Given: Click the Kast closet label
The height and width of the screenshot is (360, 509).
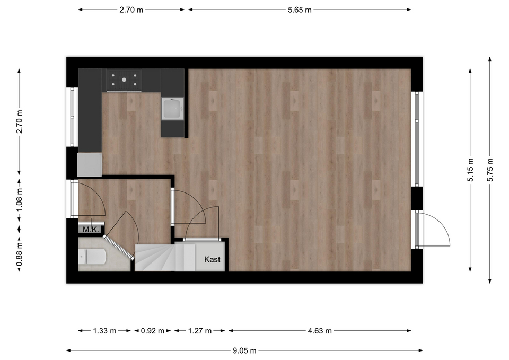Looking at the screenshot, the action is [212, 259].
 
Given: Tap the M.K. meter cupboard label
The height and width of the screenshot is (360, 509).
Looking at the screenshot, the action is [91, 230].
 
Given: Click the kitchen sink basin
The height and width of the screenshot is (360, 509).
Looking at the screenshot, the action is [173, 109].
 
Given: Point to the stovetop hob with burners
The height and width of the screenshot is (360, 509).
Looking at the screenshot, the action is [124, 80].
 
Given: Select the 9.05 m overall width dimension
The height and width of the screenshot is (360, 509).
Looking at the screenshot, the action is [244, 350].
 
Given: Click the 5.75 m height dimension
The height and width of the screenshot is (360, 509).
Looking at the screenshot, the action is [490, 170].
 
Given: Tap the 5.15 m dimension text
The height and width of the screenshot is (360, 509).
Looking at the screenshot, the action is [470, 170].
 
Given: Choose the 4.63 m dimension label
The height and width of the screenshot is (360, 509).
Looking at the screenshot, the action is [320, 331].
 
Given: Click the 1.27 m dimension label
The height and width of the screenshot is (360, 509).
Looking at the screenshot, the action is [200, 331].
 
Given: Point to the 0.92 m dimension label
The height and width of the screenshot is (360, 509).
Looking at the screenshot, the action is [152, 331].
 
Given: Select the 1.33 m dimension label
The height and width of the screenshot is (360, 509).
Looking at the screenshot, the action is [104, 331].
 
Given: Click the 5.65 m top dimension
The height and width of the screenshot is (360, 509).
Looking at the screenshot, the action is [300, 10].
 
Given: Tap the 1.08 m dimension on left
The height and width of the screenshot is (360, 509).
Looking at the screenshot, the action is [20, 199].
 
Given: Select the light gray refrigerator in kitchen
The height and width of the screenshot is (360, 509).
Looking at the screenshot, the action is [90, 165].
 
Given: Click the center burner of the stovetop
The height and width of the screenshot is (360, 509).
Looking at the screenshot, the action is [124, 80].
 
